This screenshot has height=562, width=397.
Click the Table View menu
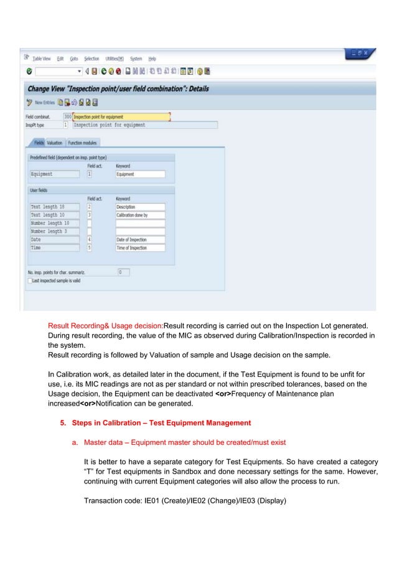42,59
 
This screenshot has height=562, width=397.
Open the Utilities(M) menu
114,59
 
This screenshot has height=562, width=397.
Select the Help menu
151,59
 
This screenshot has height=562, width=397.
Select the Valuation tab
54,143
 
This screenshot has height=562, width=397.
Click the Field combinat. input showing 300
67,117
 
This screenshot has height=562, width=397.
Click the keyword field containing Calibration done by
139,215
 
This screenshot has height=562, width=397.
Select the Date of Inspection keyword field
139,239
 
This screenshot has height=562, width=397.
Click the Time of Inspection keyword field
139,247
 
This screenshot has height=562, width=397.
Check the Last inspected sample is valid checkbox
29,281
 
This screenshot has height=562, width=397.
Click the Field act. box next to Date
90,239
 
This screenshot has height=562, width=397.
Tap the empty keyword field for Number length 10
139,223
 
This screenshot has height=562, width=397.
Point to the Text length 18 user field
54,207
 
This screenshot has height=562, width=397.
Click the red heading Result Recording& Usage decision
105,325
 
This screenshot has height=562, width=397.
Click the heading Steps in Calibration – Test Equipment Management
161,423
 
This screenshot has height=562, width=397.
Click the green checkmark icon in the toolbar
29,71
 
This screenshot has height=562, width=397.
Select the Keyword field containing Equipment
139,174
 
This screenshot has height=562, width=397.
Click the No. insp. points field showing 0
123,272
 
